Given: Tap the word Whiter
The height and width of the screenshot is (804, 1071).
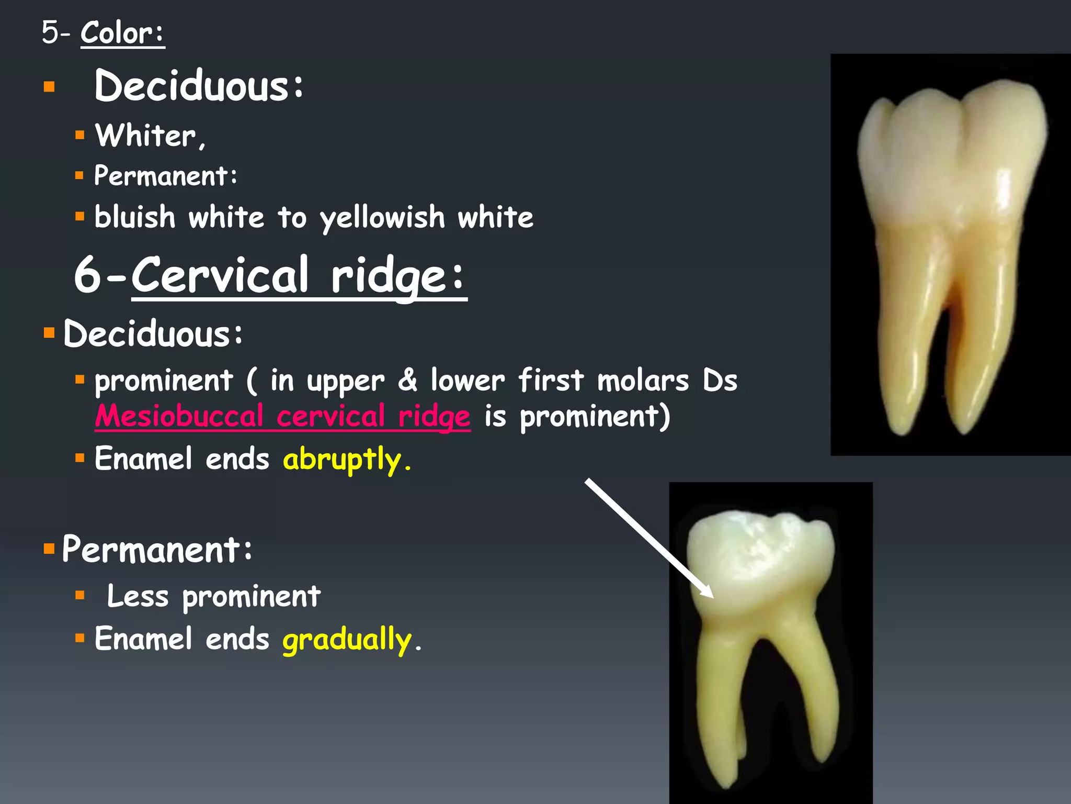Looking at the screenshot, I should point(146,136).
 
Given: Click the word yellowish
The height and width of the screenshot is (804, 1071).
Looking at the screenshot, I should point(382,218).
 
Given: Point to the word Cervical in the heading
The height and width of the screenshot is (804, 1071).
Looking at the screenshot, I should point(220,275).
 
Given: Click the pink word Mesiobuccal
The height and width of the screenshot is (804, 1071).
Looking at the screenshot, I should point(179,416).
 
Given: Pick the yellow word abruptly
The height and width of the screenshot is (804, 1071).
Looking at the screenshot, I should point(342,459).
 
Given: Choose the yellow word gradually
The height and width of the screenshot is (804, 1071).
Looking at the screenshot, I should point(347,639).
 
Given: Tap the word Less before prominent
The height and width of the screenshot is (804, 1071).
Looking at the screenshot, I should point(138,596).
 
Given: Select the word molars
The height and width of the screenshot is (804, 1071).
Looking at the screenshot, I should point(643,380).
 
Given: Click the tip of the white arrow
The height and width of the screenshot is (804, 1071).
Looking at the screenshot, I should point(712,597).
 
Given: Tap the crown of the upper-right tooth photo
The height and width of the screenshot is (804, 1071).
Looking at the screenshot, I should point(952,152).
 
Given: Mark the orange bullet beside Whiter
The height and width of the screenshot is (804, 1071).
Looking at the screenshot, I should point(79,136).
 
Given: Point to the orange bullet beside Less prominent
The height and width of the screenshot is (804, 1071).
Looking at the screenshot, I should point(79,595).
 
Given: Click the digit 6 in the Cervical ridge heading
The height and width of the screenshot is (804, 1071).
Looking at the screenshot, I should point(87,275).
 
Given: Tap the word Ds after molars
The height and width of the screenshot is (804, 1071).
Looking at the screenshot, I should point(720,380).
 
